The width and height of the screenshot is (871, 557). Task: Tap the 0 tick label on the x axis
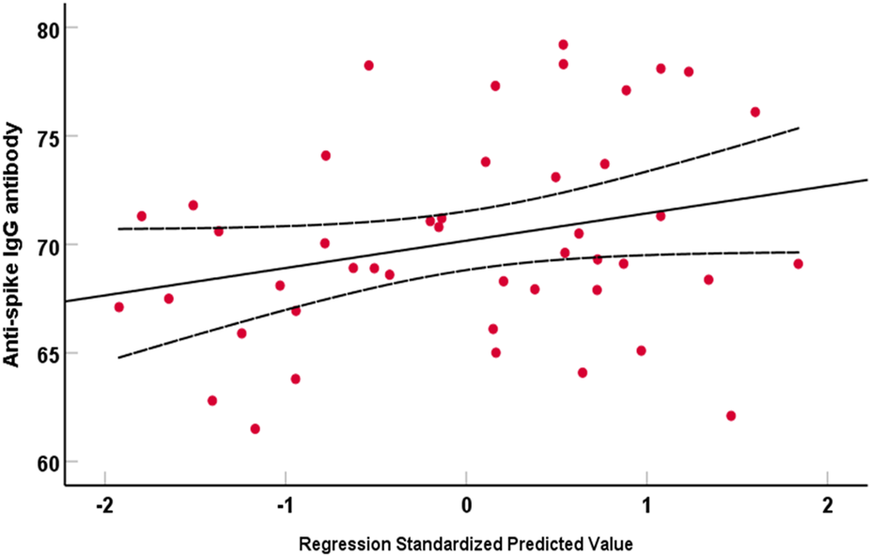(x=466, y=504)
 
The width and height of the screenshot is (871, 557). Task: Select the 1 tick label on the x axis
(x=646, y=504)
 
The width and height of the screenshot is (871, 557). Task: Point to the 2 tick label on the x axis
(x=827, y=504)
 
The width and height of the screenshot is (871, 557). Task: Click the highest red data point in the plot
(x=563, y=44)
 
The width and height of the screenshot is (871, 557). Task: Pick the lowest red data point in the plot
(x=255, y=429)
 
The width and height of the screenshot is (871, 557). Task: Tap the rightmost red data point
(x=798, y=264)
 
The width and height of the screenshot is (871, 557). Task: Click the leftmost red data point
(x=118, y=307)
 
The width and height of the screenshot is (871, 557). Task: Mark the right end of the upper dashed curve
(x=799, y=127)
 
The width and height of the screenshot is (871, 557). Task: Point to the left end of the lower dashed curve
(x=119, y=357)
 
